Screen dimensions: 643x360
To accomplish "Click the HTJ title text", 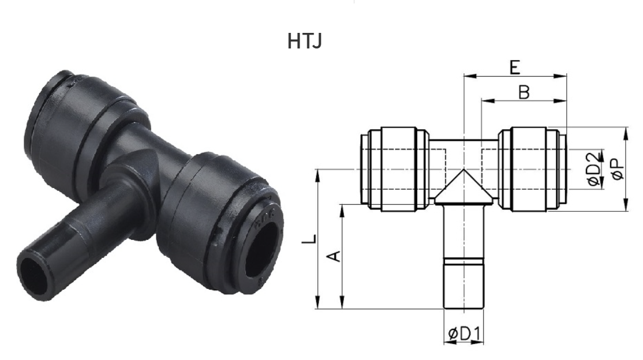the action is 304,42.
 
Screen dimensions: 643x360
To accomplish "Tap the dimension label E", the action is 515,67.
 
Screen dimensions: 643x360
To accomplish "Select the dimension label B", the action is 524,92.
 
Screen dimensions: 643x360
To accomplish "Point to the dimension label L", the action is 309,239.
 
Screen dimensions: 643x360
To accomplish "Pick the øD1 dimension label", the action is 464,334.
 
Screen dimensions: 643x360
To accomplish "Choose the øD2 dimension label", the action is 594,169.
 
